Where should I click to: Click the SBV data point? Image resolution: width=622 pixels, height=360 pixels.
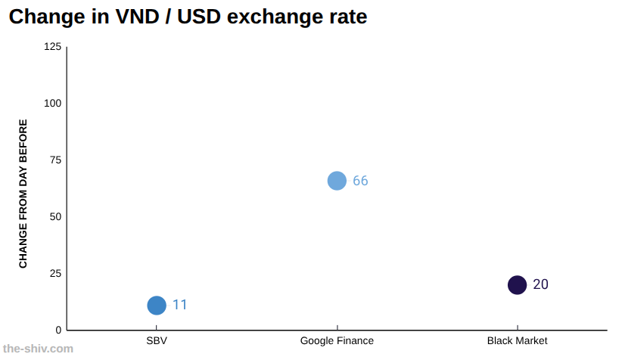coord(157,306)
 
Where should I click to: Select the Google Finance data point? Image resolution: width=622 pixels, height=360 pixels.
coord(337,181)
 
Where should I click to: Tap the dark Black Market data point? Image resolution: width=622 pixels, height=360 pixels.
coord(518,284)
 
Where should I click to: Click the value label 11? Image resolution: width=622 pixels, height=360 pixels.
coord(179,305)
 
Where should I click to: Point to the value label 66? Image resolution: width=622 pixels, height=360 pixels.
coord(360,181)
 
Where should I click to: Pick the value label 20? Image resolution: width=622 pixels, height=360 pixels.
coord(540,284)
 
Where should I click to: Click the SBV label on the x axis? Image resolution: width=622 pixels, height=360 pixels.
coord(157,340)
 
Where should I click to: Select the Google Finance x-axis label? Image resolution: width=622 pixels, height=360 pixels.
coord(337,340)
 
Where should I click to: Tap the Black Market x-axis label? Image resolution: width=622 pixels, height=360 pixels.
coord(518,340)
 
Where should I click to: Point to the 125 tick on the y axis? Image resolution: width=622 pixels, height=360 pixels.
coord(53,47)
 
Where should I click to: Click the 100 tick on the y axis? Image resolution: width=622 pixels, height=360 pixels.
coord(53,104)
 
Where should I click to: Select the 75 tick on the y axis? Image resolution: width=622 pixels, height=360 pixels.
coord(55,160)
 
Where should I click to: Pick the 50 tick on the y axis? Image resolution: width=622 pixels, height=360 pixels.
coord(55,217)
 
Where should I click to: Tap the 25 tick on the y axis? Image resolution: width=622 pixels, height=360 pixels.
coord(55,274)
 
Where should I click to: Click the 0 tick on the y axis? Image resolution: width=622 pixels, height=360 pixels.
coord(59,330)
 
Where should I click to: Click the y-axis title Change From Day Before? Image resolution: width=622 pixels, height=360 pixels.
coord(23,194)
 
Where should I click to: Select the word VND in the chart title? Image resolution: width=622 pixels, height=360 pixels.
coord(137,17)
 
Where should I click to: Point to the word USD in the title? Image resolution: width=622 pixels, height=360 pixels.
coord(199,17)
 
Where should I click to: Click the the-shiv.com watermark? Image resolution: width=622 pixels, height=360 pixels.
coord(38,349)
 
